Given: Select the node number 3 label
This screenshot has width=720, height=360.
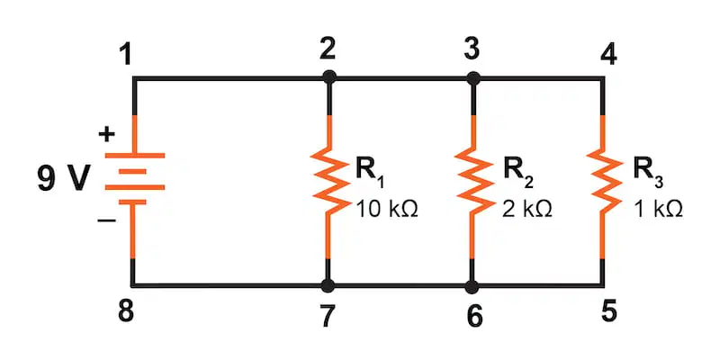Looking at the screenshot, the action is click(x=472, y=49).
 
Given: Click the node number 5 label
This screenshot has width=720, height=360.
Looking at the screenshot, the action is click(x=608, y=310).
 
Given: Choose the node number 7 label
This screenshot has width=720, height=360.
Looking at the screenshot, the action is click(x=328, y=316).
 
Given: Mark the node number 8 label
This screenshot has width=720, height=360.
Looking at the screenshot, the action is click(x=126, y=311).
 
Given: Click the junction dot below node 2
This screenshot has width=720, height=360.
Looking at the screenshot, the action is click(x=328, y=77).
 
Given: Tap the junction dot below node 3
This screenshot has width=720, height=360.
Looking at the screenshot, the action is click(x=473, y=77).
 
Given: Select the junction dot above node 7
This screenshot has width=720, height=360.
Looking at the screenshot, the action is click(x=328, y=286).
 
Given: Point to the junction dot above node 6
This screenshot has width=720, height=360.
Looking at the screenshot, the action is click(x=472, y=286).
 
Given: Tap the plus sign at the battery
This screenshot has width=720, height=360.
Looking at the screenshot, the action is click(x=106, y=134).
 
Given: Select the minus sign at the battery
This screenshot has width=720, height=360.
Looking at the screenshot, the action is click(x=106, y=220).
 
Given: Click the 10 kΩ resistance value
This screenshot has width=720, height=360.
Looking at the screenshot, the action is click(x=386, y=209).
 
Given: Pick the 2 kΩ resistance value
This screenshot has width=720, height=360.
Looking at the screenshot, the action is click(x=526, y=209).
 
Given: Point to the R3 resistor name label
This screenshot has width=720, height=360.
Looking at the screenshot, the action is click(x=648, y=171).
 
